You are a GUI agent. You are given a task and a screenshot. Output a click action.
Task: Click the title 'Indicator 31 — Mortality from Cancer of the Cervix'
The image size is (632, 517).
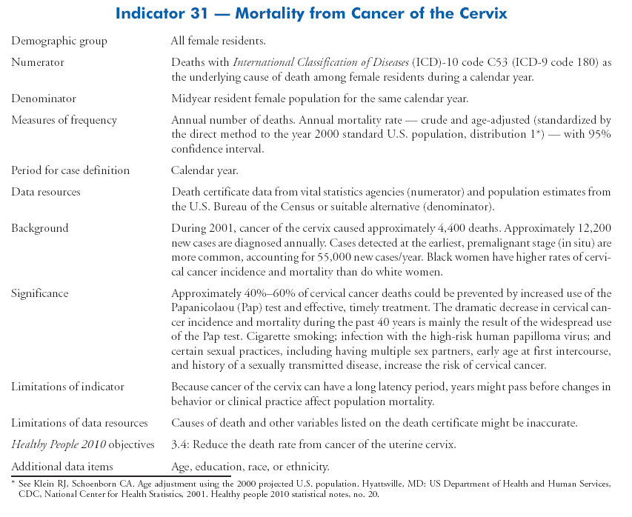[x=316, y=13]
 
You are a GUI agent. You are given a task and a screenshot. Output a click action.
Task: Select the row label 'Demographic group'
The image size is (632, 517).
[x=59, y=41]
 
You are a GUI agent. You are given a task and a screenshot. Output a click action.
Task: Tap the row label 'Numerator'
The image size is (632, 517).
[x=37, y=63]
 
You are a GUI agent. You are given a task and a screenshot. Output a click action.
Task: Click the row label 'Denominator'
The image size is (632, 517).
[x=43, y=99]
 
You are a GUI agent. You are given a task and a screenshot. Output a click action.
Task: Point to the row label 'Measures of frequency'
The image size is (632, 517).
[x=64, y=120]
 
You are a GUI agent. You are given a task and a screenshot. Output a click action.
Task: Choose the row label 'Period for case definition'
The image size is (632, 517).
[x=70, y=170]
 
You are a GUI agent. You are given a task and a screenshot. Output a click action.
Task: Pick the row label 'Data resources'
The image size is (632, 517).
[x=45, y=192]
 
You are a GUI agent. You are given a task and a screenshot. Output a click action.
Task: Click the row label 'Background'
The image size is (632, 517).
[x=39, y=228]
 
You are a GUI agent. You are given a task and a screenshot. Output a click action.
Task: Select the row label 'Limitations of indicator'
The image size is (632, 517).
[x=67, y=387]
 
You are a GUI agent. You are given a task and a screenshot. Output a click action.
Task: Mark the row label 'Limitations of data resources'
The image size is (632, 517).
[x=79, y=423]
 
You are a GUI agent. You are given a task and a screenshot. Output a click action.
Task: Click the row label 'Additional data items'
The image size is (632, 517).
[x=62, y=466]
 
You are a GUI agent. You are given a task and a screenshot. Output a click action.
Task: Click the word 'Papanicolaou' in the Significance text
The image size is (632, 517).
[x=203, y=308]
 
